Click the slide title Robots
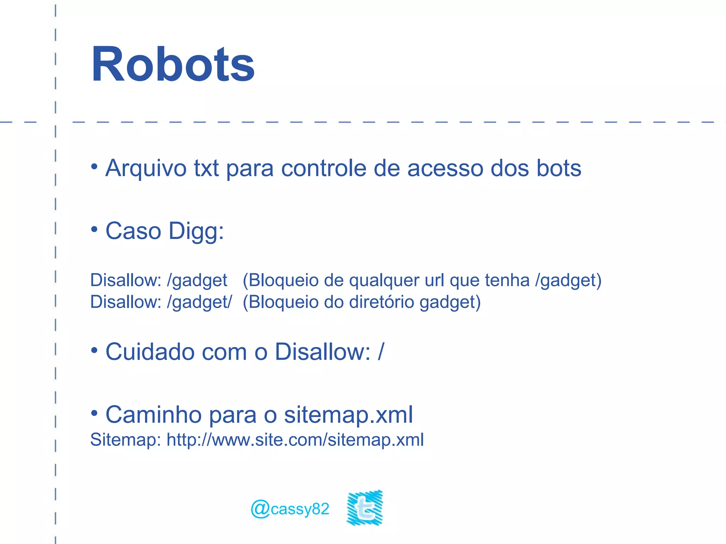tap(173, 64)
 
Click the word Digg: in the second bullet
tap(196, 232)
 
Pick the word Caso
tap(133, 231)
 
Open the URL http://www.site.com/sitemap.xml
tap(295, 440)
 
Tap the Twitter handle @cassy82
tap(290, 509)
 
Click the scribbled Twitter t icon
tap(365, 508)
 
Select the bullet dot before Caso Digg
tap(94, 229)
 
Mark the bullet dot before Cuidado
tap(94, 350)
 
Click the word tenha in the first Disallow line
tap(507, 280)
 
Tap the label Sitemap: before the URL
tap(125, 440)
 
